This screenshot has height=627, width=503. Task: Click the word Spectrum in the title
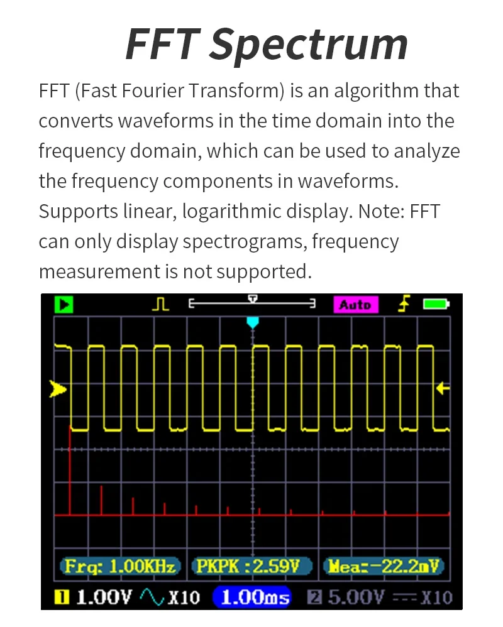[x=309, y=44]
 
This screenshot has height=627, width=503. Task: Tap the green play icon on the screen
[x=64, y=305]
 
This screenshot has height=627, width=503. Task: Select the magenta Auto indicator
[x=355, y=305]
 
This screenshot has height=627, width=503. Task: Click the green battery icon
[x=436, y=305]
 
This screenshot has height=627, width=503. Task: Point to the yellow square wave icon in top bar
[x=161, y=305]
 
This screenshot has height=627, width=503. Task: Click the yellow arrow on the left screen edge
[x=58, y=390]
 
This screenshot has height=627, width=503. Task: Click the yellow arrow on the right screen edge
[x=443, y=388]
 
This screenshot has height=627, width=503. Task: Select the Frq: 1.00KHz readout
[x=120, y=566]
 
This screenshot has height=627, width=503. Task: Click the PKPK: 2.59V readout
[x=251, y=566]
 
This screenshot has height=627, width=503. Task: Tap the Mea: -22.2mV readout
[x=382, y=566]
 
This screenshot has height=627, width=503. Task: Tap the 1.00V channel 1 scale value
[x=104, y=596]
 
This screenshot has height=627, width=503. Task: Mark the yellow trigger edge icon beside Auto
[x=404, y=304]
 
